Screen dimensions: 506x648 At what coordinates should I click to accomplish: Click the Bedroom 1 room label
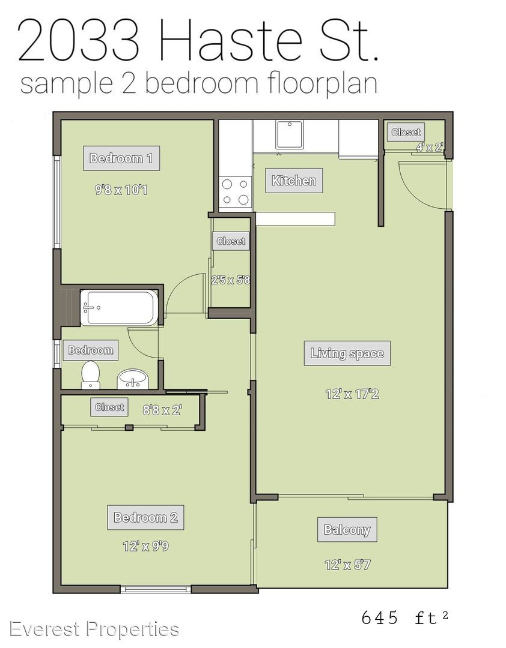(121, 158)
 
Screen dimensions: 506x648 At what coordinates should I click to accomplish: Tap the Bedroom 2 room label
(146, 517)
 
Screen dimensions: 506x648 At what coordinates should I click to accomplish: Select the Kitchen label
(294, 181)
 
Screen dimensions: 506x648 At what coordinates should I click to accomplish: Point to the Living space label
(347, 353)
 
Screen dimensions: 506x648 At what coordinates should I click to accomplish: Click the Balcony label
(347, 529)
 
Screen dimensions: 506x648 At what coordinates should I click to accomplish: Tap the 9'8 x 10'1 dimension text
(121, 190)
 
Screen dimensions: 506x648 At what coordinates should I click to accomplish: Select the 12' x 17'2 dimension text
(352, 394)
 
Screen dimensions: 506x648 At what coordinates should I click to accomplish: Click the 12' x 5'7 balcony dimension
(347, 565)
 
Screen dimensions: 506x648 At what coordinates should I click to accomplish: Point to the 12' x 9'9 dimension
(146, 547)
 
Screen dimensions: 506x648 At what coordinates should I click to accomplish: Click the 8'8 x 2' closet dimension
(162, 410)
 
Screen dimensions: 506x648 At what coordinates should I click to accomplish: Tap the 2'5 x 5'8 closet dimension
(231, 280)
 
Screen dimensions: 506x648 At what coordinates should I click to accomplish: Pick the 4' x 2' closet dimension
(430, 147)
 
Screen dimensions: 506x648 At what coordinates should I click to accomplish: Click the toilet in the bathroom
(90, 375)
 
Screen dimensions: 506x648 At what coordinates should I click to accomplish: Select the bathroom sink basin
(132, 379)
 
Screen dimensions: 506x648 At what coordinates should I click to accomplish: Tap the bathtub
(119, 308)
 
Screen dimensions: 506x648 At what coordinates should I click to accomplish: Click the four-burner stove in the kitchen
(235, 192)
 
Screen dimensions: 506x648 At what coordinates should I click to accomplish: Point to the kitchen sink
(290, 134)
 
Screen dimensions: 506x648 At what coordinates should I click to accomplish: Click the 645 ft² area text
(405, 618)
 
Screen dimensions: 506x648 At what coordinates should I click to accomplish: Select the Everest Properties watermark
(94, 629)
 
